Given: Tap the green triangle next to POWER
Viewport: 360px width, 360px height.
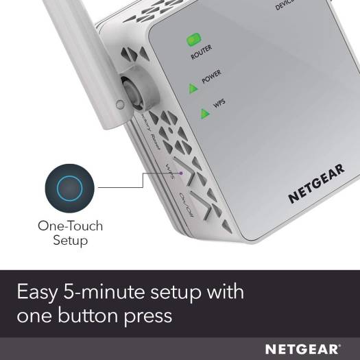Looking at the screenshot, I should pyautogui.click(x=193, y=86).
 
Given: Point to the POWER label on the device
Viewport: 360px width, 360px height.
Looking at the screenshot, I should pyautogui.click(x=211, y=79).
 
